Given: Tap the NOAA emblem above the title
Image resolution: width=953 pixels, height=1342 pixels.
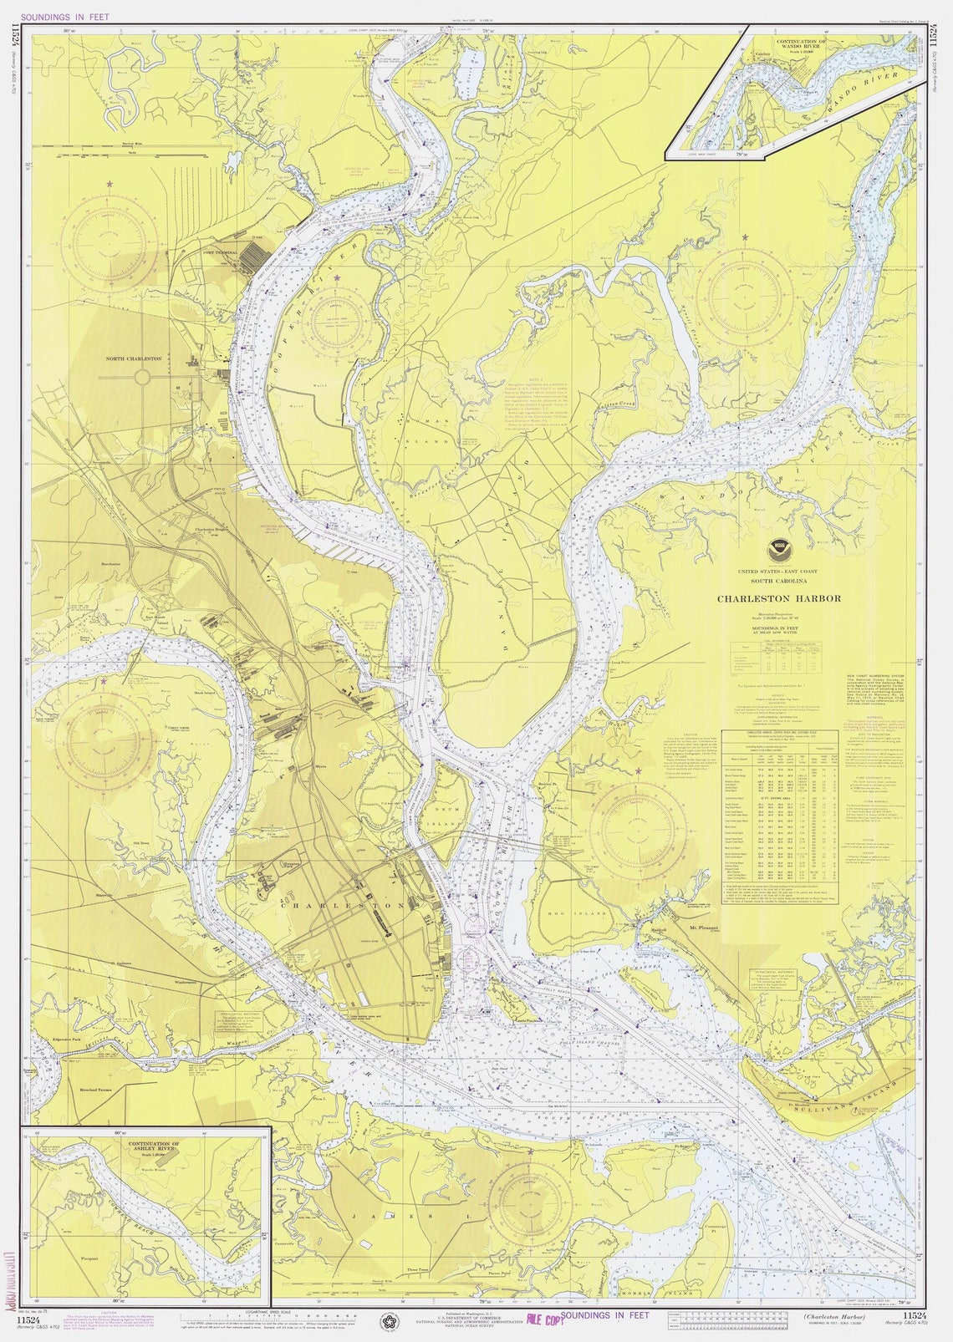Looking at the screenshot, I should pos(778,551).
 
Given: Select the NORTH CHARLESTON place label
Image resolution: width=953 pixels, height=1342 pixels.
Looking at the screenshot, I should pos(134,358).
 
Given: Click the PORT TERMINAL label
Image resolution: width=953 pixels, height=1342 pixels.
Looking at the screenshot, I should pos(220,252).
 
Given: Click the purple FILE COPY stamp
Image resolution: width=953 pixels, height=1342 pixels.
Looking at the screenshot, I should pos(540,1319).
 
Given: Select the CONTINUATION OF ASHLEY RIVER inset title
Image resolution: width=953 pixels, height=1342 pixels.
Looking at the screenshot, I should pos(153,1146).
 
